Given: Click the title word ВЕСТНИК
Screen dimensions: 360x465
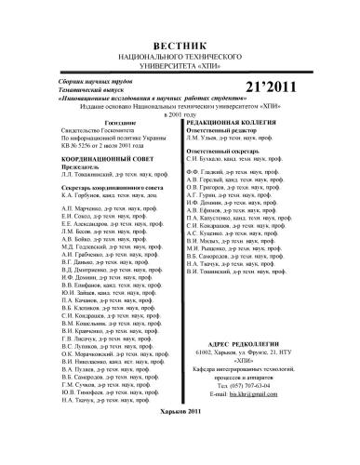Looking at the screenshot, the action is click(x=179, y=46).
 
